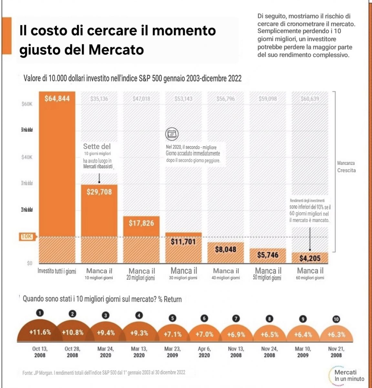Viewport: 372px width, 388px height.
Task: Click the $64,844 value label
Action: coord(57,99)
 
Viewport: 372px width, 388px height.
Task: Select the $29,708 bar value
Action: coord(99,192)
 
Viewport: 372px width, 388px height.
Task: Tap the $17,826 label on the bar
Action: coord(141,223)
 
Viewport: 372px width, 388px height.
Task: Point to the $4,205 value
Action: coord(310,258)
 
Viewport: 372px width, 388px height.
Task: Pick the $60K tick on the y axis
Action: coord(27,104)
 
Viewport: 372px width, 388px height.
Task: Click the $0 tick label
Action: coord(30,263)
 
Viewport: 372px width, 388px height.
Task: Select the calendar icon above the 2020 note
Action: coord(172,134)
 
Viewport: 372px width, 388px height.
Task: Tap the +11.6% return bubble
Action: coord(40,332)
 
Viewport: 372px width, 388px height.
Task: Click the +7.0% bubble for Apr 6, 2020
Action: coord(204,334)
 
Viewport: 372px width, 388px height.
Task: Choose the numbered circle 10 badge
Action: coord(336,319)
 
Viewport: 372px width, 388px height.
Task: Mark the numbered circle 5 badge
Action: coord(173,318)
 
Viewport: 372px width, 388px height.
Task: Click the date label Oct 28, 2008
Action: coord(72,352)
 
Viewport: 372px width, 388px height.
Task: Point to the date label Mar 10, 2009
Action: coord(303,352)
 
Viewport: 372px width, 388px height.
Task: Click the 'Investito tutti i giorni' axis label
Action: coord(57,271)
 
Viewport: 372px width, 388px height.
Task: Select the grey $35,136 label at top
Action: coord(99,99)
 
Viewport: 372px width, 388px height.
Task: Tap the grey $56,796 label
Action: coord(226,99)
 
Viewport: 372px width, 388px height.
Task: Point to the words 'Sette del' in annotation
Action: coord(97,146)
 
